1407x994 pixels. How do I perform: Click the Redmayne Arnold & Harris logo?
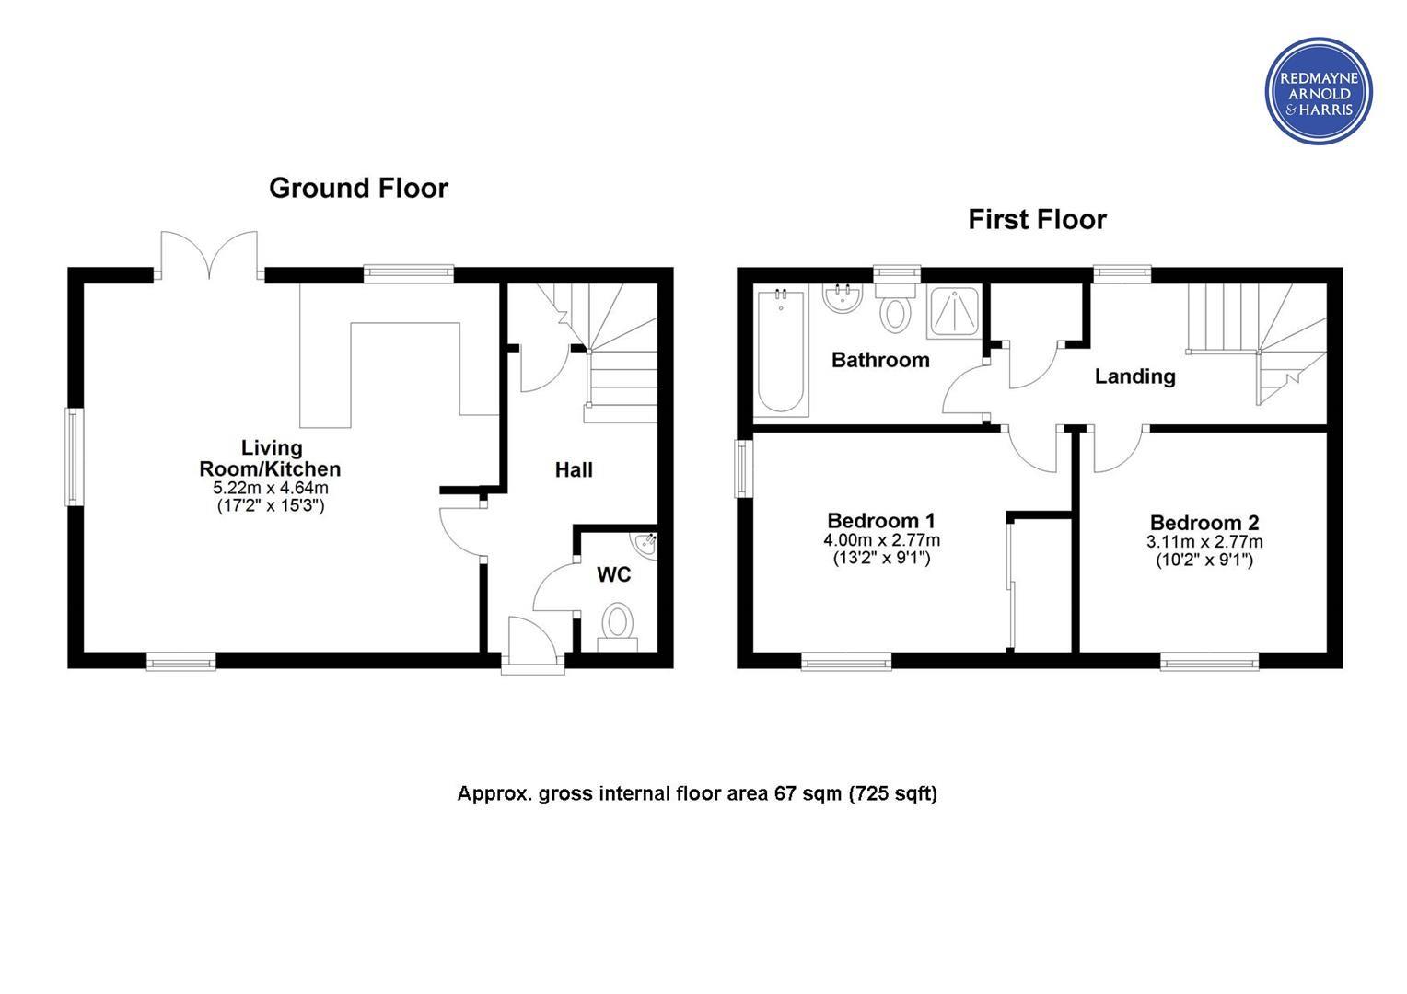pyautogui.click(x=1319, y=91)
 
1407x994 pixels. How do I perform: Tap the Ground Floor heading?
pyautogui.click(x=359, y=189)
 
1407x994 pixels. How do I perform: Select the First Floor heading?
pyautogui.click(x=1037, y=220)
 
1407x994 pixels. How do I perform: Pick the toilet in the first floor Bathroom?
pyautogui.click(x=895, y=306)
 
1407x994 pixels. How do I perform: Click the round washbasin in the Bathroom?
pyautogui.click(x=843, y=297)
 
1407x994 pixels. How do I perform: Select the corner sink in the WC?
pyautogui.click(x=645, y=546)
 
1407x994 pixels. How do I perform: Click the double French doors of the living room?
pyautogui.click(x=209, y=254)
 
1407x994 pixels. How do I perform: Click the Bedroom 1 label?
pyautogui.click(x=880, y=521)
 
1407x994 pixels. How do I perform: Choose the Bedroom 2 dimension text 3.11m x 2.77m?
pyautogui.click(x=1204, y=541)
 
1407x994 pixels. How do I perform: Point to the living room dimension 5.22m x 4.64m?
pyautogui.click(x=271, y=488)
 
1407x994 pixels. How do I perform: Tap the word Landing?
pyautogui.click(x=1135, y=376)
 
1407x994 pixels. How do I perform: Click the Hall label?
pyautogui.click(x=574, y=469)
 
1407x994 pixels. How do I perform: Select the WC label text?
pyautogui.click(x=613, y=574)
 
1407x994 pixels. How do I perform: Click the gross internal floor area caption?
pyautogui.click(x=697, y=793)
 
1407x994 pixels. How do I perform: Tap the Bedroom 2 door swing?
pyautogui.click(x=1119, y=450)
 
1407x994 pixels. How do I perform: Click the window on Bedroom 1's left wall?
pyautogui.click(x=744, y=468)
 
